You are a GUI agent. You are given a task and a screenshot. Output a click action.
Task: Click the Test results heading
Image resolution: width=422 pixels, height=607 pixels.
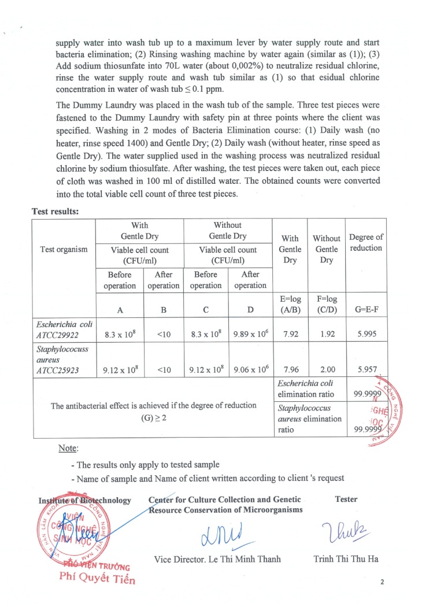point(55,212)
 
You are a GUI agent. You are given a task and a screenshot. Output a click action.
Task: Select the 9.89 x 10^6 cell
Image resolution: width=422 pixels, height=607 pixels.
point(250,334)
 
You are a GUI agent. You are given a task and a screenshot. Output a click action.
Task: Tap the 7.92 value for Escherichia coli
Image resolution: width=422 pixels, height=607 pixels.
point(289,334)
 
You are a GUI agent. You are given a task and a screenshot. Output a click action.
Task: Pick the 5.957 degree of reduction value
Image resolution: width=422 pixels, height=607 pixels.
point(367,369)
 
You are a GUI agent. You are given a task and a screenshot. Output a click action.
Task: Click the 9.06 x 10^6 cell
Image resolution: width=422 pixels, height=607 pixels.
point(250,369)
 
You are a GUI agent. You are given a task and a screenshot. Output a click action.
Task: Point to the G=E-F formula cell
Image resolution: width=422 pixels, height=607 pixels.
point(367,309)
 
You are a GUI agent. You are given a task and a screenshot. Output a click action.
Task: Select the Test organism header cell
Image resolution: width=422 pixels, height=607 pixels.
point(64,249)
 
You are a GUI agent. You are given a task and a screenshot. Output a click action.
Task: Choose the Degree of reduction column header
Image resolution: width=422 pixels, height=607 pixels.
point(367,242)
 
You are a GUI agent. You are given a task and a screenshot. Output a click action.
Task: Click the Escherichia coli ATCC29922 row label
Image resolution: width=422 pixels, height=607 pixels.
point(64,329)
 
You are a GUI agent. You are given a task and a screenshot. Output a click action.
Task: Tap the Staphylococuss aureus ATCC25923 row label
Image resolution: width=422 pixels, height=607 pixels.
point(64,360)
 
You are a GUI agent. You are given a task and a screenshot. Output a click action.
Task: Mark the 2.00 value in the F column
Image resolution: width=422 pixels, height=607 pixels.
point(327,369)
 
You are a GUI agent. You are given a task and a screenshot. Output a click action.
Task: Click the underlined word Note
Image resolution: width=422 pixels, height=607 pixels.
point(68,448)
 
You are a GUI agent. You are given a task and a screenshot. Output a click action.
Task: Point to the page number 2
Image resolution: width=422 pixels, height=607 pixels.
point(382,582)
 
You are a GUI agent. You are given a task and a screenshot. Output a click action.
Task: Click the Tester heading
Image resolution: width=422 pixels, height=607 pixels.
point(346,499)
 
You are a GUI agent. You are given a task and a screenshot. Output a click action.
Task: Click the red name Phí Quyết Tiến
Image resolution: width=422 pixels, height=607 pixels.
point(97,579)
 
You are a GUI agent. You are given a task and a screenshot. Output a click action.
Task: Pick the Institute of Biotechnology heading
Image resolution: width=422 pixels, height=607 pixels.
point(84,500)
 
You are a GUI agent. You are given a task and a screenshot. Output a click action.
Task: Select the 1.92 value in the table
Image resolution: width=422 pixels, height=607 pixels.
point(327,334)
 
